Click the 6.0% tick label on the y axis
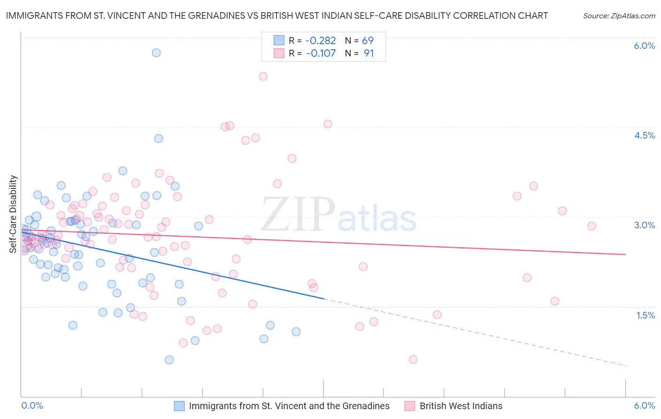[x=644, y=46]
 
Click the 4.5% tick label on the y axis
[x=644, y=135]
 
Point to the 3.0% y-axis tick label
[x=644, y=225]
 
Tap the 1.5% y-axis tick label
[x=645, y=315]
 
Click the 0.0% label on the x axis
[x=32, y=405]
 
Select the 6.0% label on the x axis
[x=644, y=405]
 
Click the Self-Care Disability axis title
[x=13, y=214]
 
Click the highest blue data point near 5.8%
[x=156, y=53]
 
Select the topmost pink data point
[x=263, y=76]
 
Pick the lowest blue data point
[x=169, y=360]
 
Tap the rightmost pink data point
[x=591, y=226]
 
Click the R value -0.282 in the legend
[x=321, y=40]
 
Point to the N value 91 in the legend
[x=369, y=54]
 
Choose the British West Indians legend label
[x=461, y=406]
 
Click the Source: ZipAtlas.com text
[x=619, y=16]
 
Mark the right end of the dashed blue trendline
[x=626, y=365]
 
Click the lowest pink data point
[x=413, y=359]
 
